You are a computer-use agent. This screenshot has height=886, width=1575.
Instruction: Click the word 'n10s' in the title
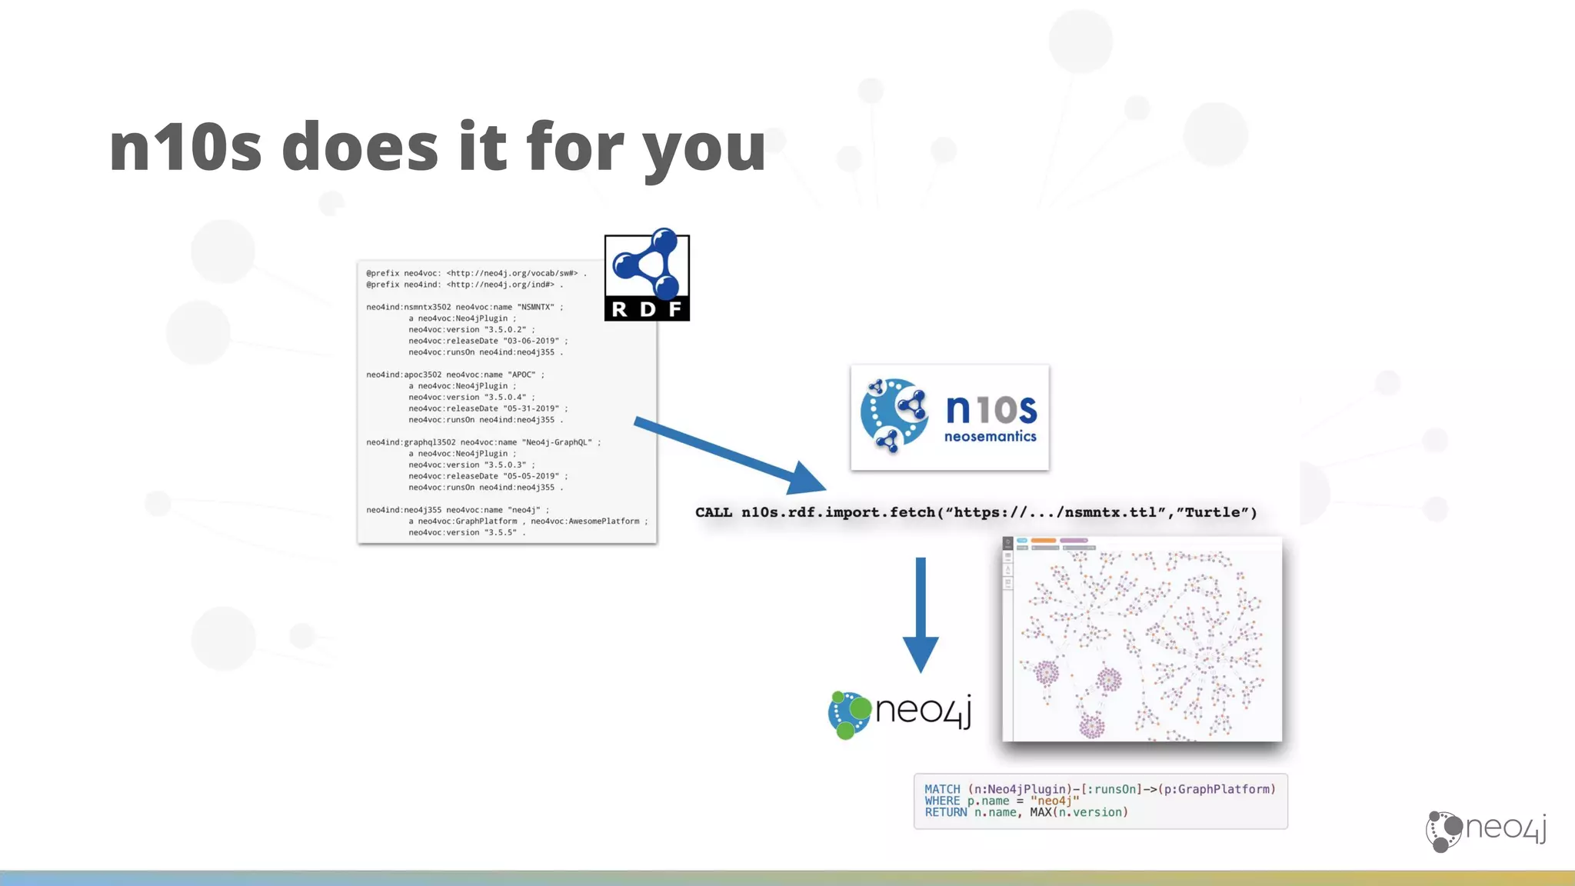click(x=185, y=148)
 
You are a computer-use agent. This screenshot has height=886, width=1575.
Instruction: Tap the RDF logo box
click(x=647, y=277)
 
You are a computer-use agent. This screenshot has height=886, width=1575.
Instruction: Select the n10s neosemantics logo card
click(x=950, y=418)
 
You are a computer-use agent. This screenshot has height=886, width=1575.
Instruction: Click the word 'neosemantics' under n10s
click(x=991, y=437)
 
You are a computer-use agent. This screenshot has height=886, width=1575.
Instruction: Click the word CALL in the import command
click(x=714, y=513)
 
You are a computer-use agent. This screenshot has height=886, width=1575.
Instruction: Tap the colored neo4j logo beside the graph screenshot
click(x=900, y=713)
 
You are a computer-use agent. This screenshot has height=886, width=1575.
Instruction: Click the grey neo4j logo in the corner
click(x=1486, y=830)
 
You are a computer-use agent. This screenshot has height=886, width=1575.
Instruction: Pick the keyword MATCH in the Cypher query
click(x=942, y=789)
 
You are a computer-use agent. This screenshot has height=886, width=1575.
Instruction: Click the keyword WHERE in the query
click(x=942, y=801)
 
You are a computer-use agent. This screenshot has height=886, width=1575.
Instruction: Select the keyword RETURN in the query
click(x=945, y=812)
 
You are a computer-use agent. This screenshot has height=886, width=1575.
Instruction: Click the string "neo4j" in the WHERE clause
click(x=1054, y=801)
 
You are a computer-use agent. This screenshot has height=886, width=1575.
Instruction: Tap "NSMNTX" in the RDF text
click(x=535, y=307)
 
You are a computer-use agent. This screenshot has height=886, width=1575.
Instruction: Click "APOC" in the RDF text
click(x=522, y=375)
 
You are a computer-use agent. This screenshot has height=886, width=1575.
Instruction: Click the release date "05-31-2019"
click(x=531, y=408)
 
